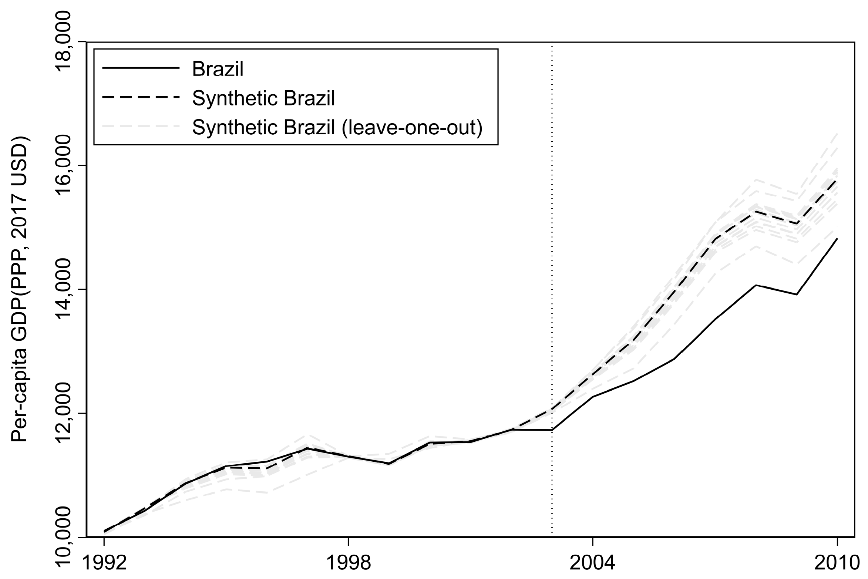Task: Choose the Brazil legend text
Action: (218, 69)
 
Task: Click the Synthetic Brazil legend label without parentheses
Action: (263, 98)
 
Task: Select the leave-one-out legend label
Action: (337, 128)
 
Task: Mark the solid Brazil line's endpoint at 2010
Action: (837, 239)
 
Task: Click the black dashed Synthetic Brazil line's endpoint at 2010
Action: (837, 180)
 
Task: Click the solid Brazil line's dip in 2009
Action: (796, 294)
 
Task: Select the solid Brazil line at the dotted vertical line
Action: (552, 430)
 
